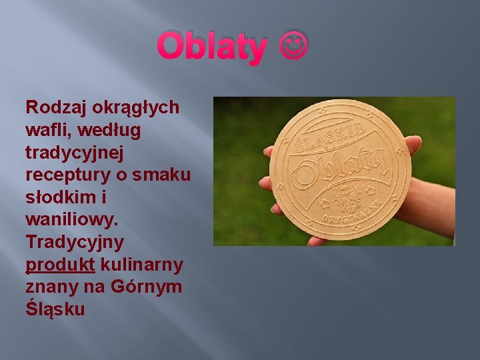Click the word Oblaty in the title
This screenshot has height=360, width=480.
pyautogui.click(x=212, y=47)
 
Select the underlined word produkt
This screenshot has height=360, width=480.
pyautogui.click(x=60, y=265)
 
